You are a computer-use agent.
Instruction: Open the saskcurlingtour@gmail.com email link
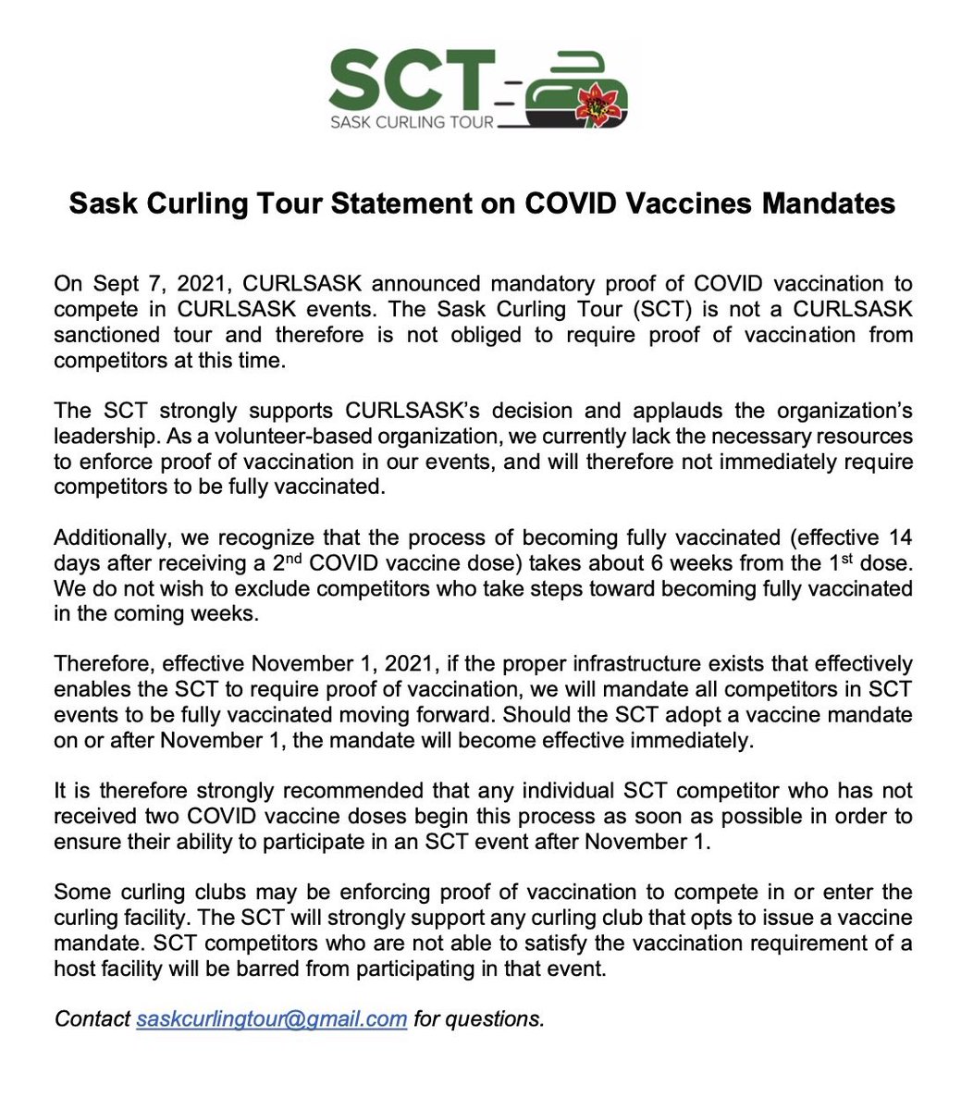271,1019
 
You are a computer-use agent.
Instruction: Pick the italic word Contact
92,1019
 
